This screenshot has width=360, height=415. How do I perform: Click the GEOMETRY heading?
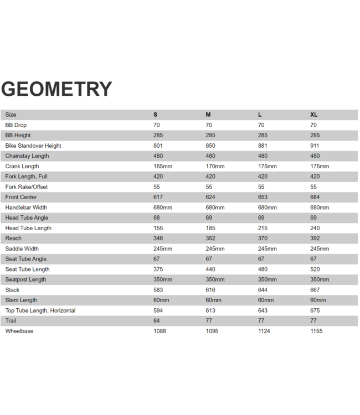56,89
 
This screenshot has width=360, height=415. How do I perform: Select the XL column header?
314,115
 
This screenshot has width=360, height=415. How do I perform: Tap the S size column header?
155,115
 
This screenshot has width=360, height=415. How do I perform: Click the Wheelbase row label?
19,331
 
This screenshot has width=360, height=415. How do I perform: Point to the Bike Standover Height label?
33,146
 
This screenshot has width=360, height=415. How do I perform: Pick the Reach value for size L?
263,238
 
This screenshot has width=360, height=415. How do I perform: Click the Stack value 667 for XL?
315,290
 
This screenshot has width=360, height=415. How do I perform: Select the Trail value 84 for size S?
157,321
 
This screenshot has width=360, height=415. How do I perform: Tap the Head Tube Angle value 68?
157,218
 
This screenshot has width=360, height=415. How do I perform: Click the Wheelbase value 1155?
317,331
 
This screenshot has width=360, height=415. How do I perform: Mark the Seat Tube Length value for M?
210,269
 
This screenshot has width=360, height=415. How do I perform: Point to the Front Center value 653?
263,197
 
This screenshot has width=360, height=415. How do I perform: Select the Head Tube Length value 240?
315,228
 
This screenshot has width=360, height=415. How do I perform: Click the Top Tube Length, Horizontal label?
40,310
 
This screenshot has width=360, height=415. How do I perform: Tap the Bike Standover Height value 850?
210,146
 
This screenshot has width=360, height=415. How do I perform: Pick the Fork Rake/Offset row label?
27,187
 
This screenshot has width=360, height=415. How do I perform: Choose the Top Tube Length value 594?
158,310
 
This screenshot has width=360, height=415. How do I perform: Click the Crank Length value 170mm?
214,166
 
